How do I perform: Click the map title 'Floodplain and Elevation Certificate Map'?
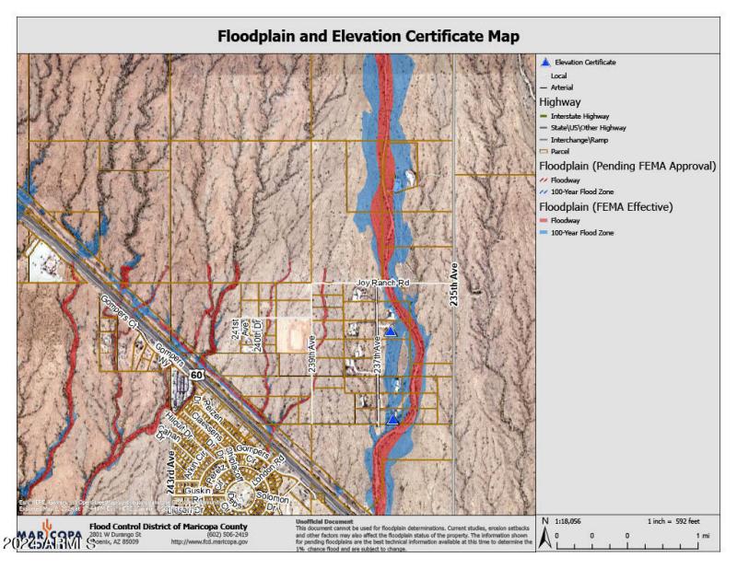coord(368,37)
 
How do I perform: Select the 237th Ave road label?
coord(378,354)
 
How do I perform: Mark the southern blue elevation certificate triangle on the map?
coord(393,419)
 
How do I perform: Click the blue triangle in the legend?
coord(544,62)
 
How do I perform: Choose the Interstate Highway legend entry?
coord(580,116)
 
